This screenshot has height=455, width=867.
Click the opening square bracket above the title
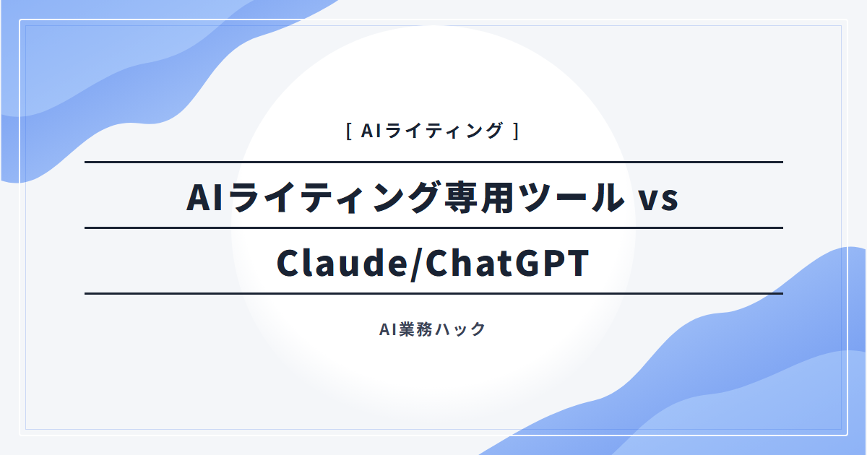click(x=349, y=131)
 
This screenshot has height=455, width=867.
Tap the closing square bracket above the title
click(x=516, y=131)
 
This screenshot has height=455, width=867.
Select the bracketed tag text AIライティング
click(x=432, y=131)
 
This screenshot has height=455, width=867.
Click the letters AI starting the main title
click(x=204, y=197)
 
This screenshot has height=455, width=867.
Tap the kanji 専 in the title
click(x=461, y=197)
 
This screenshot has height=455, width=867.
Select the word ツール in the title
click(x=571, y=197)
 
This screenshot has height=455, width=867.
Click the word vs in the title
click(x=658, y=200)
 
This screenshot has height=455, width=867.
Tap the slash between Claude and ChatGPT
click(x=417, y=264)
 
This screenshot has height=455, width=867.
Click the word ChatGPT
click(x=507, y=263)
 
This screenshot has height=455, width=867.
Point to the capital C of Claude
click(x=288, y=264)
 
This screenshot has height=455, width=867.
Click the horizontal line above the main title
click(x=434, y=162)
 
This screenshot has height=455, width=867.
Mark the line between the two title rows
click(x=434, y=228)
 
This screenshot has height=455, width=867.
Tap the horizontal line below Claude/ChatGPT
click(x=434, y=294)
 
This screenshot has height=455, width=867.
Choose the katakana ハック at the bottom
click(x=460, y=329)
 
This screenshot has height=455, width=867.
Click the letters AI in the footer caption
click(x=388, y=329)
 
